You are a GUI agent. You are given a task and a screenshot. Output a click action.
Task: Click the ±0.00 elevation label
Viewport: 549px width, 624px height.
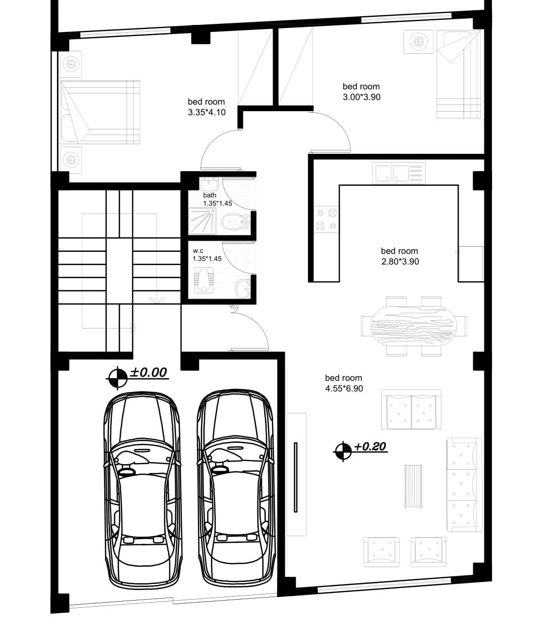pyautogui.click(x=148, y=372)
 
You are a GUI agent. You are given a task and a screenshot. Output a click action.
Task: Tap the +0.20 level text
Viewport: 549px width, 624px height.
pyautogui.click(x=370, y=447)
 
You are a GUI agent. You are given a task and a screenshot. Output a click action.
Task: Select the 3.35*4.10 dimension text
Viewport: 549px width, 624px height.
pyautogui.click(x=207, y=112)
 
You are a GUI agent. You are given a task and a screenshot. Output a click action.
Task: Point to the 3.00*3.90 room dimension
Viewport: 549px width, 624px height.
pyautogui.click(x=361, y=97)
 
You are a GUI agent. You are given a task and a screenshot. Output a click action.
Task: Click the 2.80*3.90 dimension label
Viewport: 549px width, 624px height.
pyautogui.click(x=400, y=261)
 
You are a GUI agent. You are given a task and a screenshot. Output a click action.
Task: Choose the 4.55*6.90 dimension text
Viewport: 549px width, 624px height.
pyautogui.click(x=344, y=388)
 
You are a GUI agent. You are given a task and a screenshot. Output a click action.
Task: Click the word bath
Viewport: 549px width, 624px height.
pyautogui.click(x=210, y=195)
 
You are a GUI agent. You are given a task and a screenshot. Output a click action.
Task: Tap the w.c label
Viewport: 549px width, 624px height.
pyautogui.click(x=198, y=251)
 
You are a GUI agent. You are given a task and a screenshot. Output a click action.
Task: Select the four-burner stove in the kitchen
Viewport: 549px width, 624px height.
pyautogui.click(x=326, y=220)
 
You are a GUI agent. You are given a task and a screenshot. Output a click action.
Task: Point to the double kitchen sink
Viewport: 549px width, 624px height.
pyautogui.click(x=399, y=173)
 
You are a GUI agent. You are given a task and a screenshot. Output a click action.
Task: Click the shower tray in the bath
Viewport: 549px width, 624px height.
pyautogui.click(x=203, y=221)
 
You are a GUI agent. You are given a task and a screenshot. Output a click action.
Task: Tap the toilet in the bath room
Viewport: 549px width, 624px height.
pyautogui.click(x=236, y=221)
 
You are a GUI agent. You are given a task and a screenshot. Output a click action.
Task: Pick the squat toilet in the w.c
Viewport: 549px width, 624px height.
pyautogui.click(x=203, y=280)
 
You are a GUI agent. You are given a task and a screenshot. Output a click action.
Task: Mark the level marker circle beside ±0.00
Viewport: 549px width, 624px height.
pyautogui.click(x=117, y=378)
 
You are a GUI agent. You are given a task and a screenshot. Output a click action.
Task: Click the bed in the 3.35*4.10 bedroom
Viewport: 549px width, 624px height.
pyautogui.click(x=100, y=112)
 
